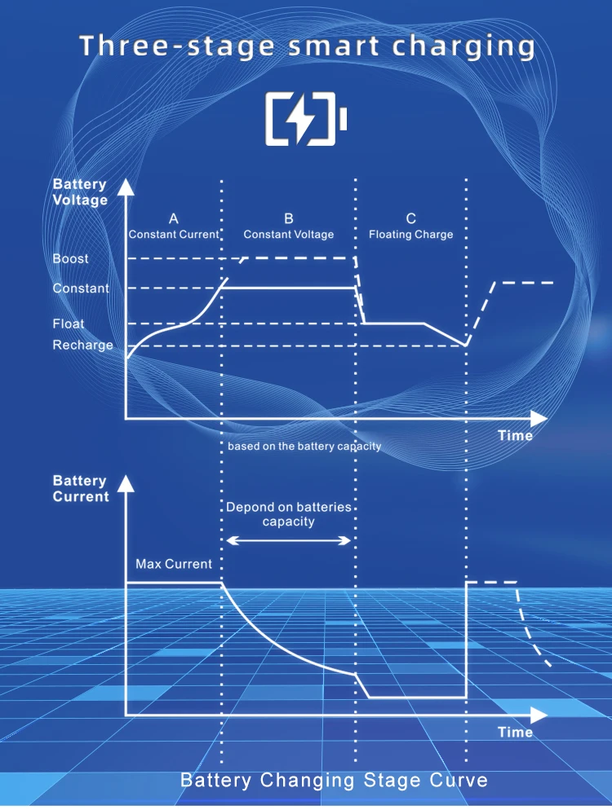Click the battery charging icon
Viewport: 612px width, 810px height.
tap(306, 120)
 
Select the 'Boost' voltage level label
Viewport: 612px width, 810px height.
tap(71, 259)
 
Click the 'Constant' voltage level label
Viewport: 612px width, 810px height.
tap(81, 288)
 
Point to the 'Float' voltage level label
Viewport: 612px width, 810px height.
tap(69, 324)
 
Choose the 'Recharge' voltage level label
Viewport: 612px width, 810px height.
tap(83, 346)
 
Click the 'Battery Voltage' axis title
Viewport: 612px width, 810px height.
tap(80, 192)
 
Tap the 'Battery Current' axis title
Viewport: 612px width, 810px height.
tap(81, 489)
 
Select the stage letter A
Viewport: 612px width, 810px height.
tap(174, 218)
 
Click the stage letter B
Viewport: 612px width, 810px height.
tap(289, 218)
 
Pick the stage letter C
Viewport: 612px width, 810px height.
tap(410, 218)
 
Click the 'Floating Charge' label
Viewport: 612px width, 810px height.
tap(410, 235)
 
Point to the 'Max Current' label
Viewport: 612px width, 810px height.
tap(174, 564)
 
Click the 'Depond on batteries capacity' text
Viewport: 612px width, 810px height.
tap(289, 514)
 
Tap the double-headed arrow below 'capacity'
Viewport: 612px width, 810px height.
tap(289, 540)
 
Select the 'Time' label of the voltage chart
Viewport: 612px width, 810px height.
tap(515, 436)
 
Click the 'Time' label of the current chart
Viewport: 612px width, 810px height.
tap(515, 733)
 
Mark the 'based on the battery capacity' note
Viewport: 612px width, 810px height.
tap(304, 447)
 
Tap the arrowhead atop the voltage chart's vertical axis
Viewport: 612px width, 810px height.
tap(126, 188)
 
